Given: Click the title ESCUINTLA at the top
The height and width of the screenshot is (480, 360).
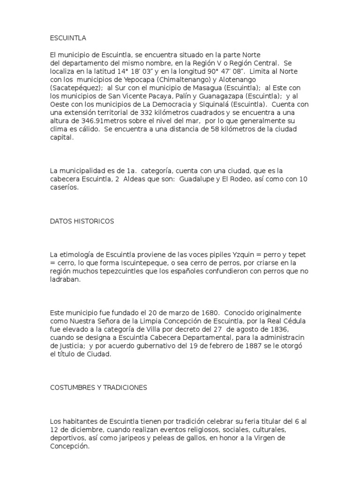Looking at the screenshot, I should click(x=67, y=38).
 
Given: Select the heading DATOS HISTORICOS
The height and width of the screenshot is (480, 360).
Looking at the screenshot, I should click(x=82, y=221).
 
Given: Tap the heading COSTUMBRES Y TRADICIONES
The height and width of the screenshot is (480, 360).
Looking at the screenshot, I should click(x=98, y=388).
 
